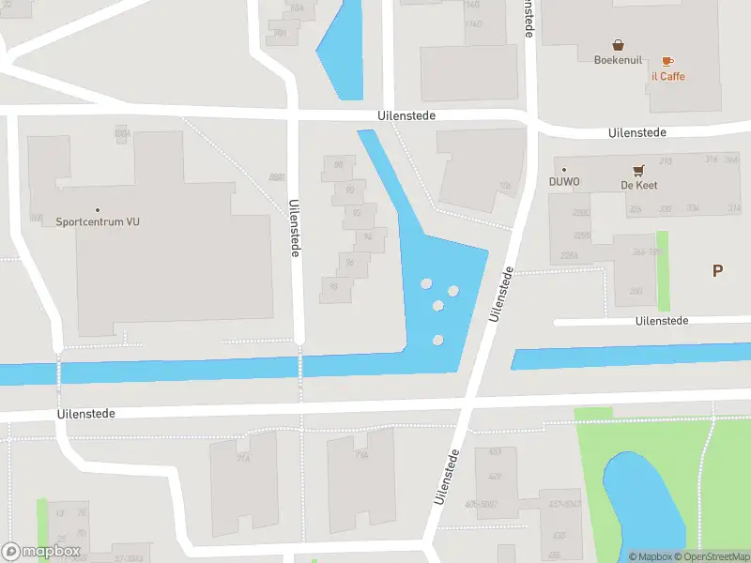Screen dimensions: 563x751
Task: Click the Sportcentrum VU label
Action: click(98, 222)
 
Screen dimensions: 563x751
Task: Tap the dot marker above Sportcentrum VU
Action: click(98, 210)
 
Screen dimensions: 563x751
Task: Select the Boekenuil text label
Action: click(618, 60)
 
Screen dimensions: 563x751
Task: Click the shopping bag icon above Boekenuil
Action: click(618, 44)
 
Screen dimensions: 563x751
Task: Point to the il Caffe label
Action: click(667, 76)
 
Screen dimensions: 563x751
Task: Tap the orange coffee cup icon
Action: click(667, 60)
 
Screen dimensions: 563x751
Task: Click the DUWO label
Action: click(564, 182)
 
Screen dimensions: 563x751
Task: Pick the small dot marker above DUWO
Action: click(564, 170)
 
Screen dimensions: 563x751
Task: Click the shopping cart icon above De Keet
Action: click(638, 170)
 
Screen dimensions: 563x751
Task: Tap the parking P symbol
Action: click(717, 271)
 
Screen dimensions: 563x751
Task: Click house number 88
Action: click(338, 166)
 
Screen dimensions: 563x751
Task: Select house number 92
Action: click(356, 213)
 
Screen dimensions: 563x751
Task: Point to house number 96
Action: click(349, 263)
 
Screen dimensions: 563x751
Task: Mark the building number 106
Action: click(504, 186)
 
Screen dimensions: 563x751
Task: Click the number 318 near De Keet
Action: click(667, 161)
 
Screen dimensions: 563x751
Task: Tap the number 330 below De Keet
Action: click(666, 208)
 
